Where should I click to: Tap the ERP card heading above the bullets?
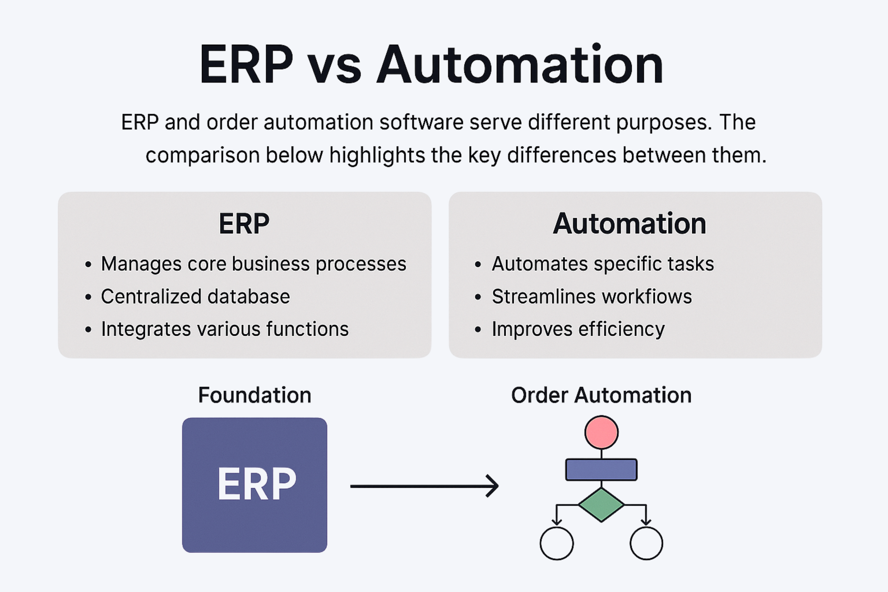244,224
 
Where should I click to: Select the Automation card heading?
629,224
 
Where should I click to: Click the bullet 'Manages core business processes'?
253,264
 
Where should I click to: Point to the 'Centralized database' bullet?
195,296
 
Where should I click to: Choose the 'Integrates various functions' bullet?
225,329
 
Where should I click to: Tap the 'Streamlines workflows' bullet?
592,296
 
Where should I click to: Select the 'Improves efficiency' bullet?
578,329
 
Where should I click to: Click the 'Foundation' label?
254,395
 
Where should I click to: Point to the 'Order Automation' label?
601,395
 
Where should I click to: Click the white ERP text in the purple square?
257,484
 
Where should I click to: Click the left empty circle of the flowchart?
557,543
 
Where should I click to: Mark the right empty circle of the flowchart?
646,543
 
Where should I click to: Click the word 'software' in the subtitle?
421,122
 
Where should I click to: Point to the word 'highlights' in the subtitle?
377,155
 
